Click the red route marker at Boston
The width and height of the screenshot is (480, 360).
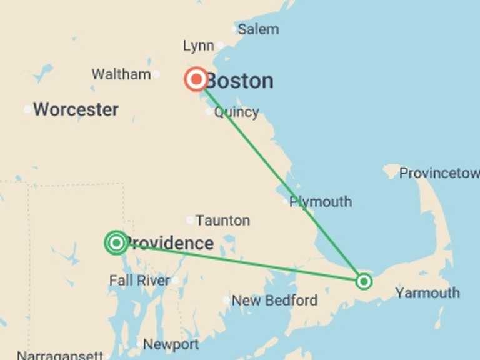196,79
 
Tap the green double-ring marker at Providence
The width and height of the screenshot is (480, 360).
116,242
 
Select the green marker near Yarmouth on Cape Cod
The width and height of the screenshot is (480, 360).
364,281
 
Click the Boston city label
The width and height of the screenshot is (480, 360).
241,81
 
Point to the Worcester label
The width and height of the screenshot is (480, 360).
76,110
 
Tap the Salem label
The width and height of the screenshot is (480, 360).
259,29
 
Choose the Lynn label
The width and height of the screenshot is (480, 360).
198,46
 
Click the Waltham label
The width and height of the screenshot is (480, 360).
121,74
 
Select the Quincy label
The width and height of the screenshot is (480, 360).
236,112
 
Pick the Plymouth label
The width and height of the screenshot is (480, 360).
321,202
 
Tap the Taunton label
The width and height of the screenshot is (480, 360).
222,221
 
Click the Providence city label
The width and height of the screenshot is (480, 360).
170,243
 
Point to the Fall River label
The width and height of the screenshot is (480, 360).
139,281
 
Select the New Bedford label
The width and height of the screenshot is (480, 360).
274,301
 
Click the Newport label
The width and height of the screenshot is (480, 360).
171,344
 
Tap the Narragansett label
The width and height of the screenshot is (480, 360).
59,355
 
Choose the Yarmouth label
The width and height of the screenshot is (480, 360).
427,293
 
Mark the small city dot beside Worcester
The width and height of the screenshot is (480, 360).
27,110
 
